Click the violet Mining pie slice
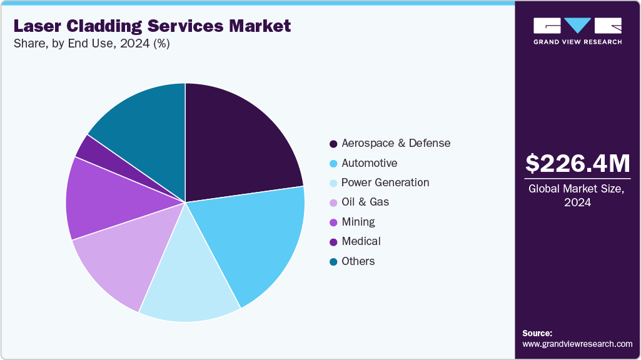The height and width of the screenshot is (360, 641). (103, 200)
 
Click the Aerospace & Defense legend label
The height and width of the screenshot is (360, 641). (395, 143)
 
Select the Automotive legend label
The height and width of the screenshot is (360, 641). (369, 163)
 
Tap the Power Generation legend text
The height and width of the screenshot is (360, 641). (385, 182)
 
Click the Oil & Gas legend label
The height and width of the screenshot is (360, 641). (365, 202)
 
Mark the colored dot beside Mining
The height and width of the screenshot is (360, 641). (333, 222)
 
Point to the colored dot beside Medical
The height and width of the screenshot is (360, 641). (333, 242)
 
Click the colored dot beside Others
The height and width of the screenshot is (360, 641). (333, 261)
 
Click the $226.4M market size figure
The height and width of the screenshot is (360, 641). (577, 164)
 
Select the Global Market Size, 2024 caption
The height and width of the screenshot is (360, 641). (577, 195)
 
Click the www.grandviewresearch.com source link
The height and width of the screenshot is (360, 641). (577, 344)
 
